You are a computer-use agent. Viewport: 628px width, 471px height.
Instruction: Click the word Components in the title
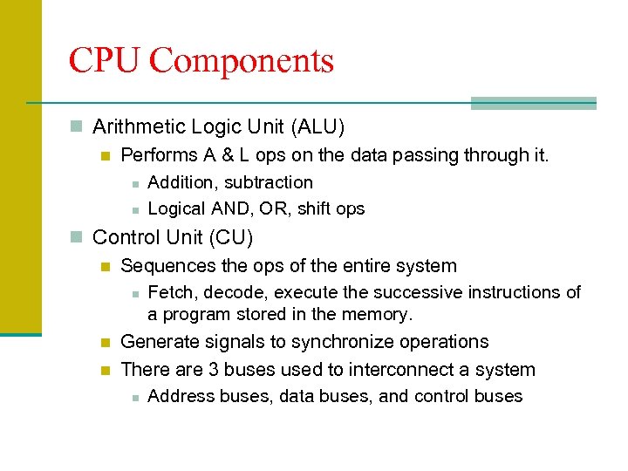coord(242,61)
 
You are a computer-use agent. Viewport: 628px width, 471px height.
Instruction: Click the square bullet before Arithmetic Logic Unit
coord(78,127)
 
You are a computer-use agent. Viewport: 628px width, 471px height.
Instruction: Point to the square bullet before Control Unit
coord(78,237)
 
